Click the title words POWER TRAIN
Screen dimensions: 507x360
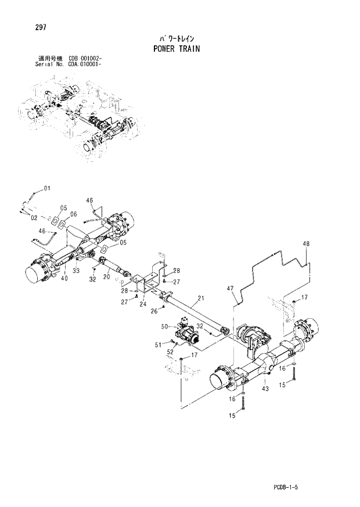click(177, 48)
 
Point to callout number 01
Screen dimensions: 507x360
click(47, 188)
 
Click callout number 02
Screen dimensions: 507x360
click(34, 218)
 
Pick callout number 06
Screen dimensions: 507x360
click(74, 214)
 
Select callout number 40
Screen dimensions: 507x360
click(64, 278)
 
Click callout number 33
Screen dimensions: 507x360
click(77, 270)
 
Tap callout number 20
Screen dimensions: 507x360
click(106, 278)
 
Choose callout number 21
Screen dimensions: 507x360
click(201, 299)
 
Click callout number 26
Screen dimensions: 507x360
click(154, 311)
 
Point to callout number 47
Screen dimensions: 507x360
click(230, 289)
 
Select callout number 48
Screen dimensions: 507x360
click(306, 244)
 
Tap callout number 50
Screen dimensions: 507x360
click(164, 326)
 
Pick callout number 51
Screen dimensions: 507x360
click(157, 345)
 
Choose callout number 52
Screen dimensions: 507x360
click(170, 351)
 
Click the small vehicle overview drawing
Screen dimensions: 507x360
click(81, 119)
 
